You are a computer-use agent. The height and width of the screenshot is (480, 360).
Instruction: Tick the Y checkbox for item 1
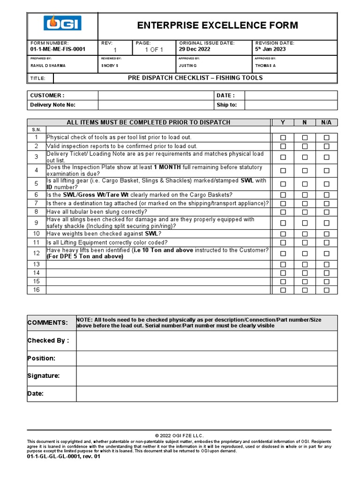[283, 138]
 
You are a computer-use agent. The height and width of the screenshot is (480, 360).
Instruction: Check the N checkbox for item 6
[305, 195]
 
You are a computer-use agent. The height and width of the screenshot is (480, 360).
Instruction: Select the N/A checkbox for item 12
[327, 254]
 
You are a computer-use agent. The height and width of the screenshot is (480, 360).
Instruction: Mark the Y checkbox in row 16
[283, 290]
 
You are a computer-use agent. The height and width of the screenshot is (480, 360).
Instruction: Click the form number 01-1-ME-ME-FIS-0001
[58, 49]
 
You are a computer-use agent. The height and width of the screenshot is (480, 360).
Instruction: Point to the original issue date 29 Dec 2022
[195, 49]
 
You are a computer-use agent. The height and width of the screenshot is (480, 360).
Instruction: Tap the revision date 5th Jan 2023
[270, 49]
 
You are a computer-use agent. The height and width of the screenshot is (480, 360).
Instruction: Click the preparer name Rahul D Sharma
[48, 66]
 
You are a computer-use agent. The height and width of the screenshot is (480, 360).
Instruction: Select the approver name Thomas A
[265, 66]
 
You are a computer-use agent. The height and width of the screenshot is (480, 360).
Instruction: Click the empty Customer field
[155, 96]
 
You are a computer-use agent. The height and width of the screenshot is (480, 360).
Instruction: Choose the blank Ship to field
[291, 105]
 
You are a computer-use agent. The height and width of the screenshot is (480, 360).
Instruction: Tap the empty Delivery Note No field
[155, 105]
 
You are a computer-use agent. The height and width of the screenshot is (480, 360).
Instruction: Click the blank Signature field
[206, 376]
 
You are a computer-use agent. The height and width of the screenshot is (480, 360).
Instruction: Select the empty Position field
[206, 358]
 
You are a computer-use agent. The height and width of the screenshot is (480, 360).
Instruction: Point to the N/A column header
[326, 122]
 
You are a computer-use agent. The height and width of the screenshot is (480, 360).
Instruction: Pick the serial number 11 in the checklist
[36, 242]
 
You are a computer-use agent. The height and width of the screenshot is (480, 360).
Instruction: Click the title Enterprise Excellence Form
[217, 25]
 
